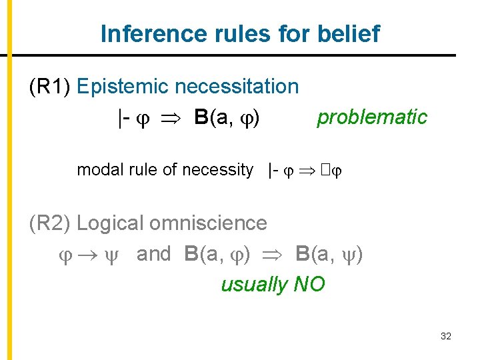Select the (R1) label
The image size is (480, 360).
click(x=51, y=86)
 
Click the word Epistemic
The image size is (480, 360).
click(x=123, y=86)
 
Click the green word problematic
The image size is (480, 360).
click(x=372, y=117)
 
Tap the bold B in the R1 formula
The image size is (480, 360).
click(x=201, y=117)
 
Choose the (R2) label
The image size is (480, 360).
click(x=51, y=223)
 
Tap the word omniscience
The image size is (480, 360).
click(x=209, y=223)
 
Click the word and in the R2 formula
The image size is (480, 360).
click(x=154, y=254)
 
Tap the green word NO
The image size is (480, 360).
click(x=309, y=285)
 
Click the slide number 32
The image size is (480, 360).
click(x=446, y=337)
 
